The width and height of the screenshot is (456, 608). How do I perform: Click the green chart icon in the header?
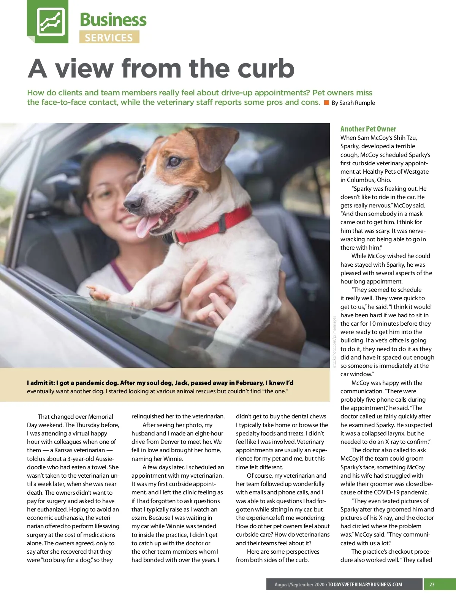point(51,21)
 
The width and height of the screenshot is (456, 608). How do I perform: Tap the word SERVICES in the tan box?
point(109,38)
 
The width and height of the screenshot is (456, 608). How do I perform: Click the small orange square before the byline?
point(326,103)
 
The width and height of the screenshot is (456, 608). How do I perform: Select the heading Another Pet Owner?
point(368,129)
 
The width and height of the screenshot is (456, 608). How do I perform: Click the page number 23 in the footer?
point(432,584)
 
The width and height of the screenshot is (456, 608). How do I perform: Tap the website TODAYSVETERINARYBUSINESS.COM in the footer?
point(365,584)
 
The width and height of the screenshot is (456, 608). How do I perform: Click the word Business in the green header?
point(113,20)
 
